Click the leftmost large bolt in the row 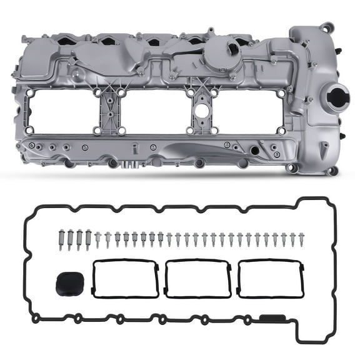pyautogui.click(x=61, y=239)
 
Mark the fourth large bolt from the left pyautogui.click(x=88, y=239)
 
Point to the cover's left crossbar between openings pyautogui.click(x=108, y=111)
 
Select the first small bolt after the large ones pyautogui.click(x=98, y=239)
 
